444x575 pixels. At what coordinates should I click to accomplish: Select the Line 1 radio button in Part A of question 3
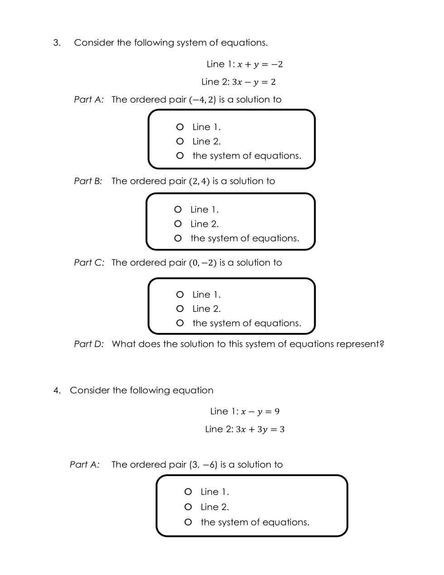[x=180, y=127]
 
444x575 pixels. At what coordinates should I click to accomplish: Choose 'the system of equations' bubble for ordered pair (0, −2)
[x=180, y=323]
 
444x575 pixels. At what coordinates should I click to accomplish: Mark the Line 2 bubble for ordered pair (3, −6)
[x=188, y=507]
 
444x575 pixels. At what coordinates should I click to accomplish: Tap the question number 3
[x=57, y=43]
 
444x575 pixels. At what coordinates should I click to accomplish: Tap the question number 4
[x=57, y=390]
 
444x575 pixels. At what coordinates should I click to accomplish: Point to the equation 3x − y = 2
[x=254, y=82]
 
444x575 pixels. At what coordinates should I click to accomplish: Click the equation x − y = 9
[x=260, y=411]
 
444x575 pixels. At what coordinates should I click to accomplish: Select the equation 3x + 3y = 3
[x=260, y=429]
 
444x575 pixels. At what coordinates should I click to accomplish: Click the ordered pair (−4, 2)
[x=202, y=100]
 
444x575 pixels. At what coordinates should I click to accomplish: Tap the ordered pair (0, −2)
[x=203, y=263]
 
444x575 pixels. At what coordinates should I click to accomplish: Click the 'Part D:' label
[x=89, y=344]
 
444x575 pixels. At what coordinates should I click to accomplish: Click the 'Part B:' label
[x=88, y=181]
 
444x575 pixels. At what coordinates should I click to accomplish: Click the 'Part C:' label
[x=89, y=263]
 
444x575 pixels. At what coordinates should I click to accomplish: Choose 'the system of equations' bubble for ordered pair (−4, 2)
[x=180, y=156]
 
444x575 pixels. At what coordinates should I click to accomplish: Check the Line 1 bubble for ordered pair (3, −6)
[x=188, y=491]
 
